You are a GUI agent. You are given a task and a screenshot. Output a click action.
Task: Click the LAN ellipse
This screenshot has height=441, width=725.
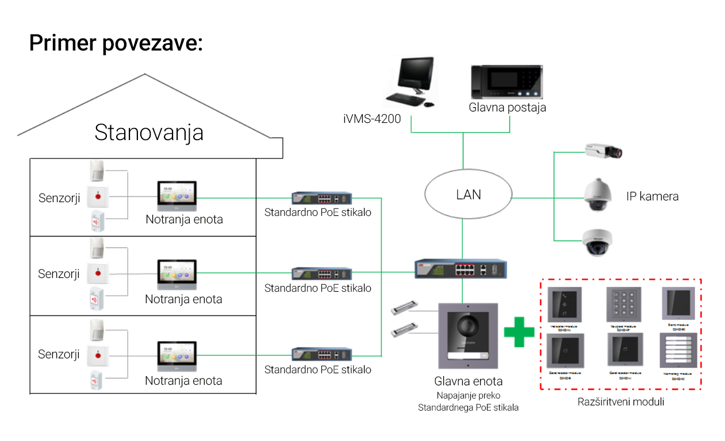(x=468, y=195)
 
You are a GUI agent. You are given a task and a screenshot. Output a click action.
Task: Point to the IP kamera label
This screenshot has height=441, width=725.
(x=652, y=196)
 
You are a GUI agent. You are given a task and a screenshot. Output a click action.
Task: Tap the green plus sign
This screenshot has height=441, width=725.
(x=519, y=332)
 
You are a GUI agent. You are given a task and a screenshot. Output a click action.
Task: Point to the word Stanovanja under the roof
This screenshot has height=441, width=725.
(x=149, y=133)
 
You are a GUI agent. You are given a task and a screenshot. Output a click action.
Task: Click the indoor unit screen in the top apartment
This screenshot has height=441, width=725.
(x=177, y=194)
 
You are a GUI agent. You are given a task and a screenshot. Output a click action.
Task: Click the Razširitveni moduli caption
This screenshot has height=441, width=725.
(x=621, y=402)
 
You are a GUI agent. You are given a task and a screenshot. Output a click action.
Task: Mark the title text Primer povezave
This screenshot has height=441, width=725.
(x=116, y=44)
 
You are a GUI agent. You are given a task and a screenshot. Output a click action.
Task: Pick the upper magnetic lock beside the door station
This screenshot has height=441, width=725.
(x=404, y=310)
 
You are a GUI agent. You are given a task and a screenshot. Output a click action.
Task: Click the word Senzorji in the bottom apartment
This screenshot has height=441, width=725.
(x=59, y=354)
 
